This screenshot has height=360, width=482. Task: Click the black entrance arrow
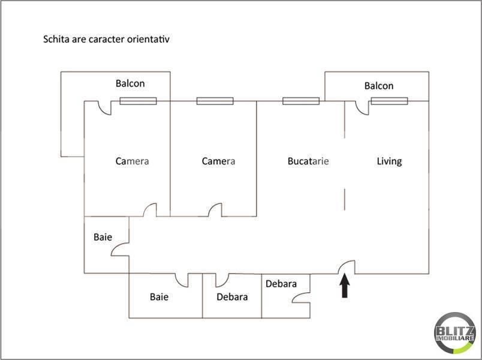(345, 286)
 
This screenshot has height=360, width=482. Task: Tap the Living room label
(389, 161)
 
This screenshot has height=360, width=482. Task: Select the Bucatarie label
(308, 161)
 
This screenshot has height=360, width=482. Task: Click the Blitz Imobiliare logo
(454, 332)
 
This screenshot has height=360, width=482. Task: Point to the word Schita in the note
(56, 39)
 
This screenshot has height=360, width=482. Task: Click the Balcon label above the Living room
(379, 86)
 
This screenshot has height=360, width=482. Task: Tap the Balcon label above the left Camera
(130, 83)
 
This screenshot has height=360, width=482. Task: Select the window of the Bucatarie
(301, 101)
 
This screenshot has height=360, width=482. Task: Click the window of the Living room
(389, 101)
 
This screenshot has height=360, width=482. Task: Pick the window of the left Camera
(138, 101)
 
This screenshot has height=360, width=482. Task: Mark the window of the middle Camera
(215, 101)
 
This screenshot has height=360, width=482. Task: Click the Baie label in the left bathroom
(103, 237)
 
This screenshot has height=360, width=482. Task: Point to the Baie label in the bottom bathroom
(159, 296)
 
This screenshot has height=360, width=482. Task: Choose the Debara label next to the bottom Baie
(232, 296)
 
